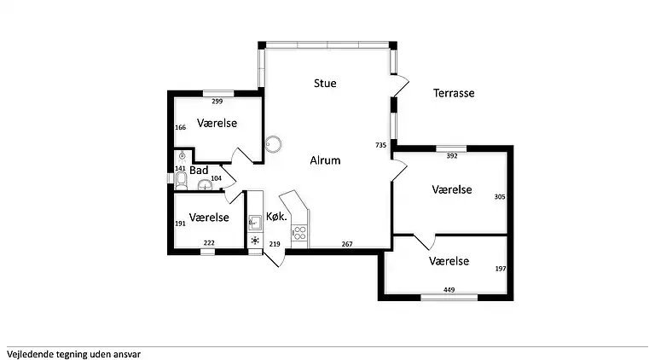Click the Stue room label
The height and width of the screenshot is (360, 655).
(325, 84)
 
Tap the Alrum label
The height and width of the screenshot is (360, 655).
(325, 160)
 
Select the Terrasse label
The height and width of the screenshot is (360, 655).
(453, 93)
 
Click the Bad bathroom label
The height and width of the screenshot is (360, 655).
(199, 170)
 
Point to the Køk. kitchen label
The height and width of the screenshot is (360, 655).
(275, 216)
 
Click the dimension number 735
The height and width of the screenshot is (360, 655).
(380, 146)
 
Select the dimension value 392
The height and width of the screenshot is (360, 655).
(452, 156)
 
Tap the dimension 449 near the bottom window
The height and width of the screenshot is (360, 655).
(449, 290)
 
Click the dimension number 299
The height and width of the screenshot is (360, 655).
(217, 101)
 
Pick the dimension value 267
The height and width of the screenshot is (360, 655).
(347, 245)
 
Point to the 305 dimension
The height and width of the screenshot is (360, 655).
(500, 197)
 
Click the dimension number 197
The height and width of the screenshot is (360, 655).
(500, 269)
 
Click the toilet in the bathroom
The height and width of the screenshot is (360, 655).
(181, 176)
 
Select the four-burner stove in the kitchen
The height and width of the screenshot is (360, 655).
(299, 231)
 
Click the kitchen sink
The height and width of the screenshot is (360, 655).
(253, 224)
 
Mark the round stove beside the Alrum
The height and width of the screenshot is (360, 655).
(273, 143)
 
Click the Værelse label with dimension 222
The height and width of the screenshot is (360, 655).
(209, 218)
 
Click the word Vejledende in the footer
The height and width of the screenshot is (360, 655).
(29, 352)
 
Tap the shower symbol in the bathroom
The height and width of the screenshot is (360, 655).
(181, 157)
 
